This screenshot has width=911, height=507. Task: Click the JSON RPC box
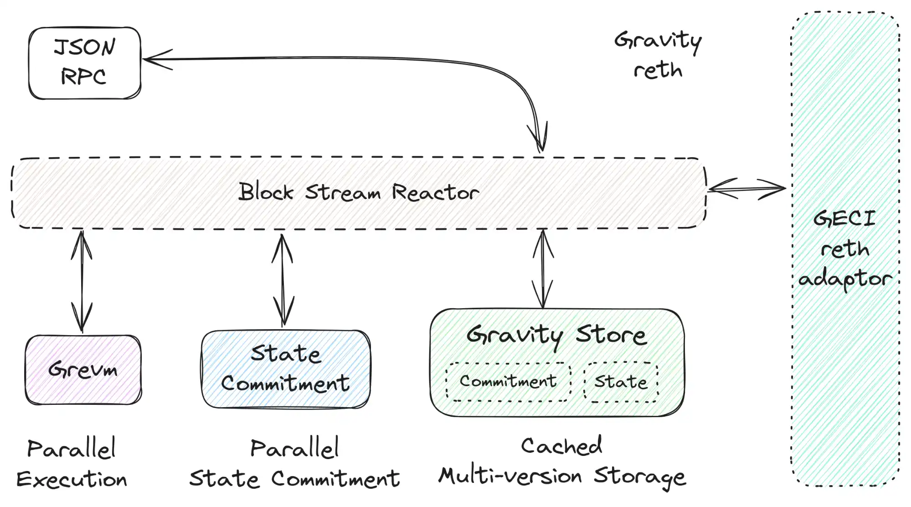click(85, 63)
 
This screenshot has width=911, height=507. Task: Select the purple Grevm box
click(83, 369)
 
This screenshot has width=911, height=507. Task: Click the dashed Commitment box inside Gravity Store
click(508, 382)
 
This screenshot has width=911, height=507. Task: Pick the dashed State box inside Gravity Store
click(621, 382)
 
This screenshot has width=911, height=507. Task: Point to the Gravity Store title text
click(556, 336)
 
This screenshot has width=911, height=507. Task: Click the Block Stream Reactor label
click(359, 192)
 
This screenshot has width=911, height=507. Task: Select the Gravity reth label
click(658, 55)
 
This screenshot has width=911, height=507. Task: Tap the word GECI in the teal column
click(844, 219)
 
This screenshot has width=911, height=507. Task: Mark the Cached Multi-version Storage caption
click(562, 462)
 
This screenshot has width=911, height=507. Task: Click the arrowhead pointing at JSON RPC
click(155, 59)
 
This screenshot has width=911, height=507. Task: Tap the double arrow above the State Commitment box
click(283, 280)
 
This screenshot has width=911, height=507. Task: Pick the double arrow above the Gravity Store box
click(543, 269)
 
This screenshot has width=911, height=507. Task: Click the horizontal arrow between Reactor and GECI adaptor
click(746, 188)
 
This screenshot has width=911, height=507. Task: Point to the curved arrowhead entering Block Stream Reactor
click(539, 139)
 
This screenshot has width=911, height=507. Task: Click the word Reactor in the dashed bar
click(435, 193)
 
